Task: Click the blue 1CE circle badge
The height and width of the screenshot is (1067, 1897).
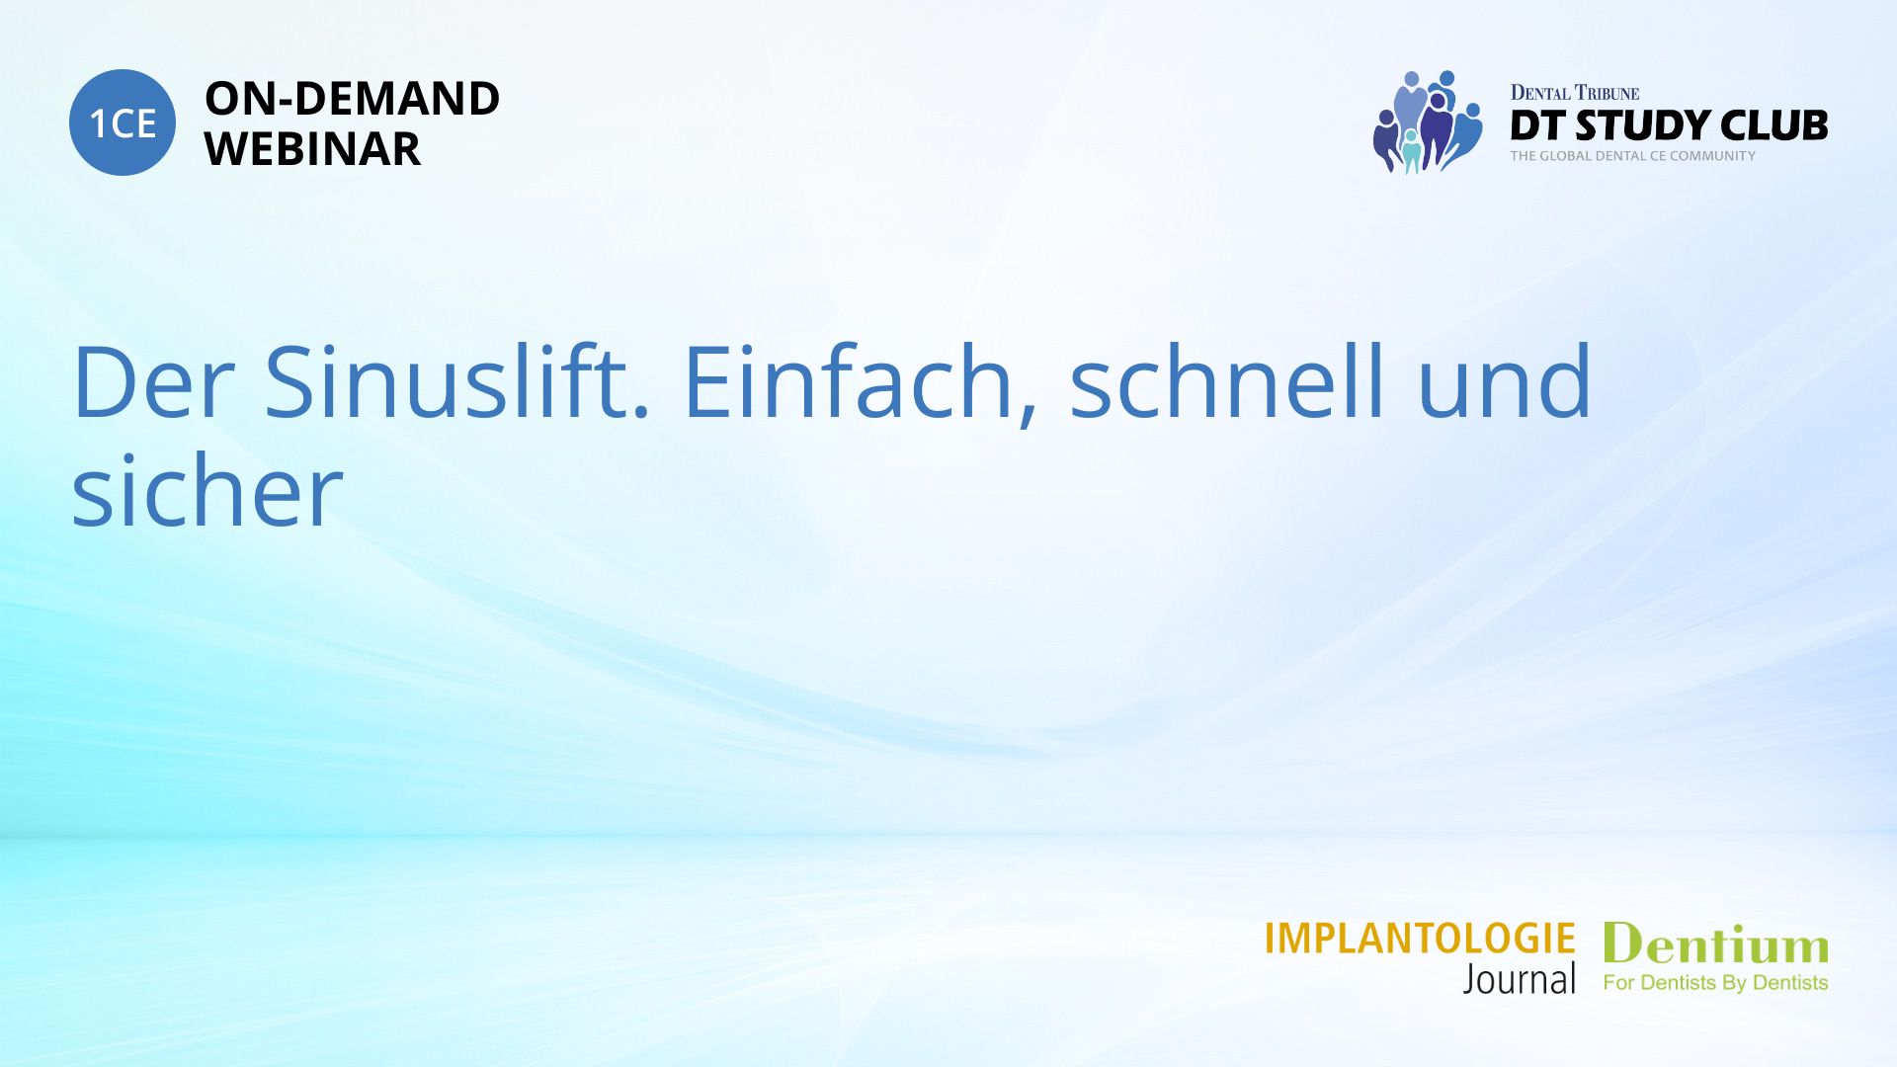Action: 123,123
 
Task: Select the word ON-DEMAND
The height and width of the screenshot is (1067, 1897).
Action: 352,99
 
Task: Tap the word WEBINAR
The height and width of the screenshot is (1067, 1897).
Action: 312,149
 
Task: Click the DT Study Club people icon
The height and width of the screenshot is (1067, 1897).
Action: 1428,122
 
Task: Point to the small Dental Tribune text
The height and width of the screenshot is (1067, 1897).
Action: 1574,93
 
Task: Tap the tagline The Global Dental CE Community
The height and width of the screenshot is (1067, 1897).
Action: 1632,156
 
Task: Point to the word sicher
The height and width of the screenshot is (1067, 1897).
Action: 207,490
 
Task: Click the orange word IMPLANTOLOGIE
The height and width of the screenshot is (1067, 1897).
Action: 1420,939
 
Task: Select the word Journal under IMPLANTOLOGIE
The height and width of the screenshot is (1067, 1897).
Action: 1520,979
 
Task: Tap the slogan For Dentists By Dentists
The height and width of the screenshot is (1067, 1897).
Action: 1715,983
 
